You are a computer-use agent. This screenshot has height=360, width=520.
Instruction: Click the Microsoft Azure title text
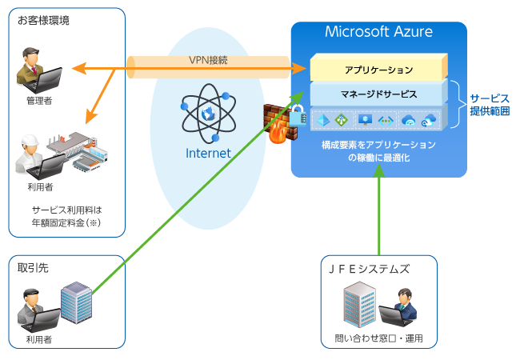pyautogui.click(x=378, y=32)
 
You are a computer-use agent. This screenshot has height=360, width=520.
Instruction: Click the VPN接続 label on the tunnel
pyautogui.click(x=208, y=60)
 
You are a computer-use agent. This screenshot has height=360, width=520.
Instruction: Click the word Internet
pyautogui.click(x=208, y=153)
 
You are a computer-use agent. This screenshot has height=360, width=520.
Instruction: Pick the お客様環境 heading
pyautogui.click(x=43, y=20)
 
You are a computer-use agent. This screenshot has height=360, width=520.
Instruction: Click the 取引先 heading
pyautogui.click(x=33, y=268)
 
